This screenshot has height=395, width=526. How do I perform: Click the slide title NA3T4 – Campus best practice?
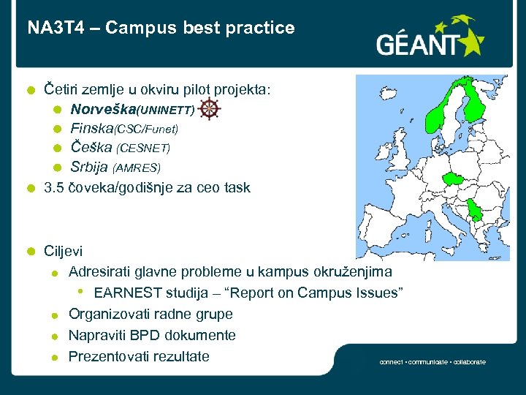161,29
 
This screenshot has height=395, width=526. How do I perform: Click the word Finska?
92,129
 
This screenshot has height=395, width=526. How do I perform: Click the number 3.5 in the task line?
54,187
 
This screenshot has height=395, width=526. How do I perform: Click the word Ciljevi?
64,251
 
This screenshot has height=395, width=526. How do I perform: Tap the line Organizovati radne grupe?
150,314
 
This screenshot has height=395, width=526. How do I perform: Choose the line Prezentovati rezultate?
139,356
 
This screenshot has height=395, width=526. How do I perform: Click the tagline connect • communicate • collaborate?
432,362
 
